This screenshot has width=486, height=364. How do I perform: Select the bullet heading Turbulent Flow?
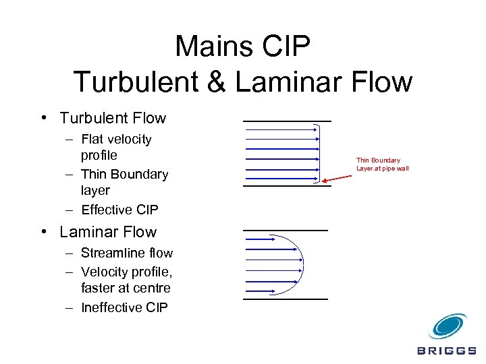113,119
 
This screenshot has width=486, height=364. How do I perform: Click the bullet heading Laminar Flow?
108,232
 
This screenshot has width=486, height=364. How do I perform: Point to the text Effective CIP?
119,210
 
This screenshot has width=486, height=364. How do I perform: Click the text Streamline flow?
127,253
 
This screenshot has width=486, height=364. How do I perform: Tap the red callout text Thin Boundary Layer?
382,164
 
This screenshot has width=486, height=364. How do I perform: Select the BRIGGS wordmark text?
446,351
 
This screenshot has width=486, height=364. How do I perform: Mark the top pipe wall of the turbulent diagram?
287,121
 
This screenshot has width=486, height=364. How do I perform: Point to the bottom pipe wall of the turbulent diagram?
287,185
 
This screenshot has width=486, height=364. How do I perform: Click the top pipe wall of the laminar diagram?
285,231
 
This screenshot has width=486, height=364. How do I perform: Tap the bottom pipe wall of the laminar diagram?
285,299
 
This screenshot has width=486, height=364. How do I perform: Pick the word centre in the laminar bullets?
153,288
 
